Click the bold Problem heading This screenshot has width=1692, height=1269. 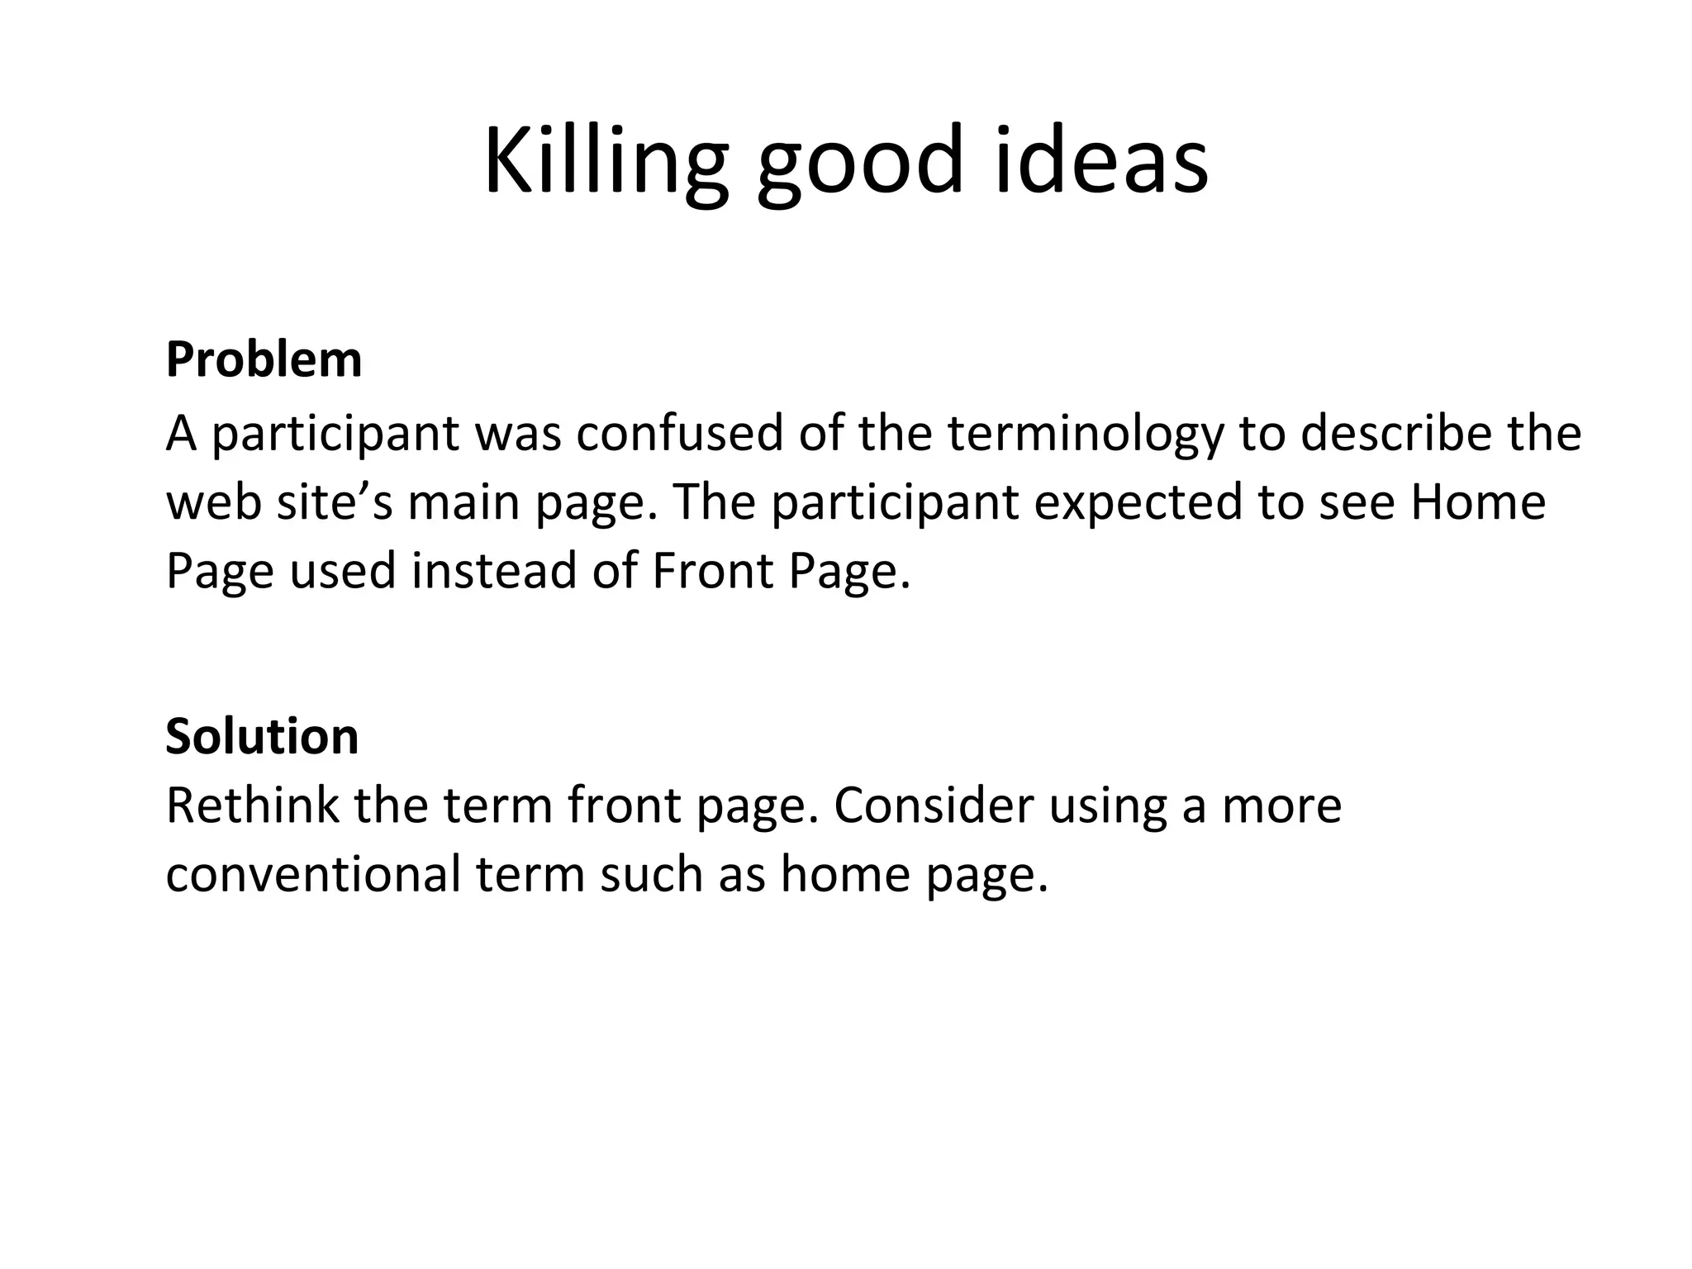(x=264, y=360)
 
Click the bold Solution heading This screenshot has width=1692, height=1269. (x=262, y=736)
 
